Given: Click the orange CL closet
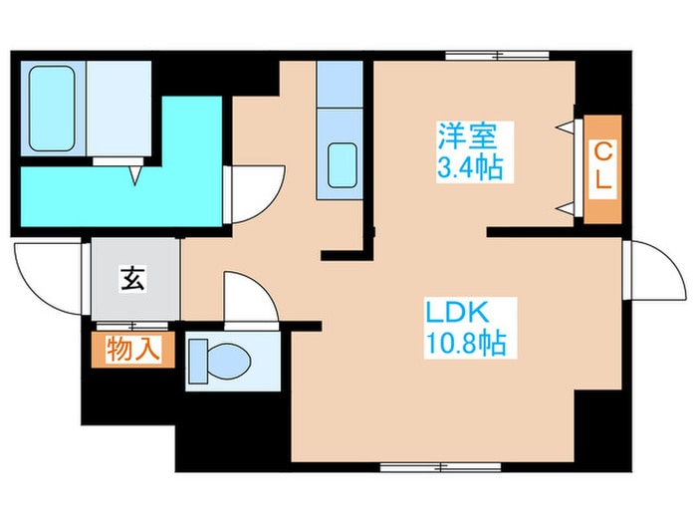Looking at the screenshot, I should click(603, 168).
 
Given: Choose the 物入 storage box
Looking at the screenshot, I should click(134, 349).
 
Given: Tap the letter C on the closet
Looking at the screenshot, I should click(603, 151).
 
